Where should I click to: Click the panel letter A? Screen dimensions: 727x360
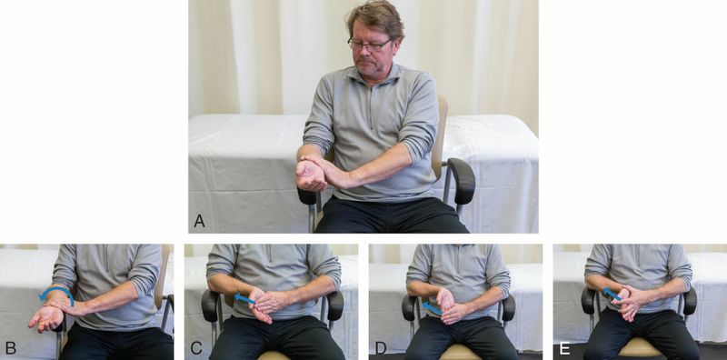tap(199, 221)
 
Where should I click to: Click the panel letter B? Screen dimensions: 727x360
tap(10, 347)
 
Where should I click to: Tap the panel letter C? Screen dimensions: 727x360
tap(195, 347)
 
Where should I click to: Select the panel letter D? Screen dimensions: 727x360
tap(380, 347)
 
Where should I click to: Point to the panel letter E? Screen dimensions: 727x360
tap(563, 347)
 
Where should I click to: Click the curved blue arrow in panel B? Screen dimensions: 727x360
tap(57, 289)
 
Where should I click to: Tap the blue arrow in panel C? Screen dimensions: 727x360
tap(244, 299)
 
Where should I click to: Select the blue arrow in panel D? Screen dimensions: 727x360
tap(432, 308)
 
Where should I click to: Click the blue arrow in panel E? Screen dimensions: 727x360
tap(612, 294)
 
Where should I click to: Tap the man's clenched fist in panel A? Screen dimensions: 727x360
tap(310, 175)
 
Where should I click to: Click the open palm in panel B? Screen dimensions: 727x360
tap(46, 318)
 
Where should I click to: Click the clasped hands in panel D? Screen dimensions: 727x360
tap(449, 306)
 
